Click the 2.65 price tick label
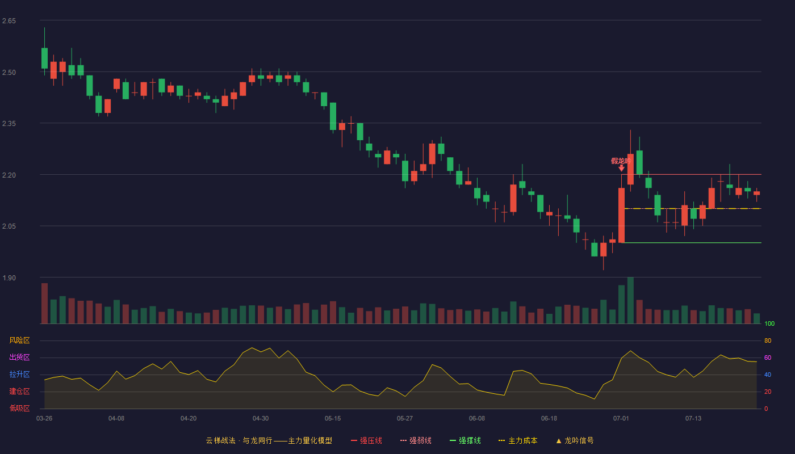coord(9,21)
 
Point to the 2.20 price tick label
coord(9,175)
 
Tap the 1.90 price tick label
coord(9,278)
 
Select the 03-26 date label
coord(44,419)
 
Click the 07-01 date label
coord(621,419)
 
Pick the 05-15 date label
coord(333,419)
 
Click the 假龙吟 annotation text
coord(621,161)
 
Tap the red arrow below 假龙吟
coord(621,168)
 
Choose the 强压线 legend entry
coord(367,440)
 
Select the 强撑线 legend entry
coord(465,440)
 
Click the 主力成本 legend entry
coord(518,440)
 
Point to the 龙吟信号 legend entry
coord(575,440)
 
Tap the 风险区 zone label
coord(19,340)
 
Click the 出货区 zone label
coord(19,357)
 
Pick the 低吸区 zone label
coord(19,408)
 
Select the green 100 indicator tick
coord(769,323)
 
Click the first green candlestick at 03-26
coord(44,58)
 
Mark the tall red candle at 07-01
coord(621,215)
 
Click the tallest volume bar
coord(630,300)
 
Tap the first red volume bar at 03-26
coord(44,303)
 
